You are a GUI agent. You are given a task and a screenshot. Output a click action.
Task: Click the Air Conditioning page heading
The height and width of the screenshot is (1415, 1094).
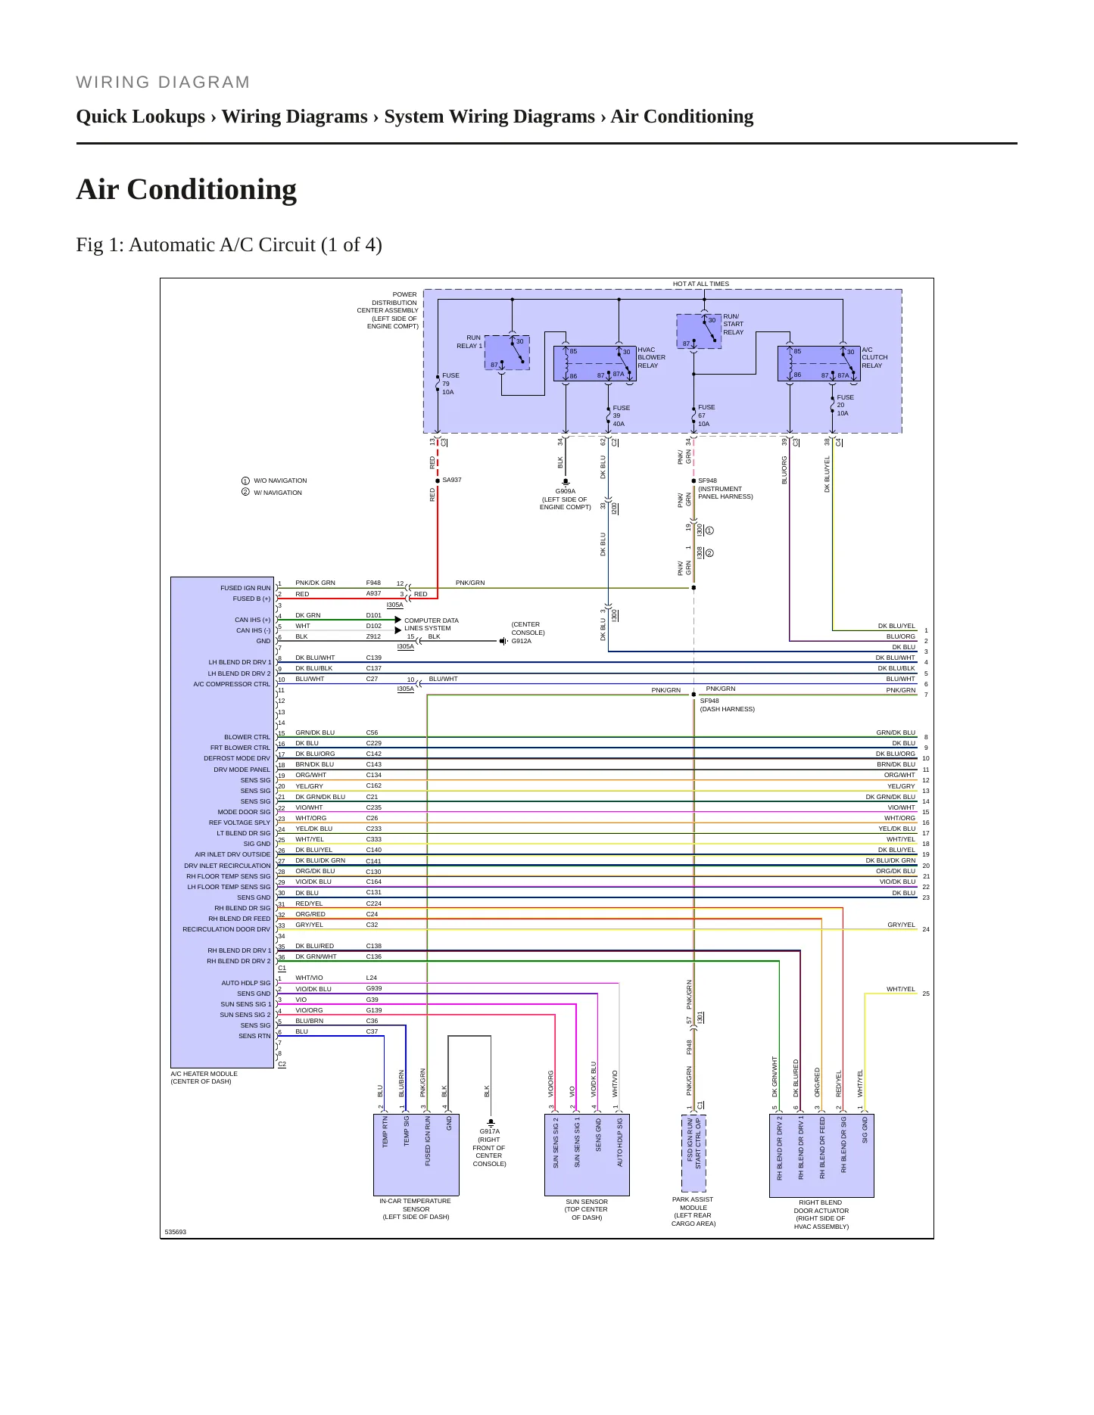(186, 189)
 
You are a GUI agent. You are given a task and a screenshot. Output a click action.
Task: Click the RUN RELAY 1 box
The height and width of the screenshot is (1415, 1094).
(506, 353)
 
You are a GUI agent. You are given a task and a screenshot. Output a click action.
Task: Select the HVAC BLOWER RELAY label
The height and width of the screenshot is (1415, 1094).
(651, 357)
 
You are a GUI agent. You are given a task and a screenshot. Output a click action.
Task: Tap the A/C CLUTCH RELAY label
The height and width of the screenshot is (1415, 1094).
(874, 357)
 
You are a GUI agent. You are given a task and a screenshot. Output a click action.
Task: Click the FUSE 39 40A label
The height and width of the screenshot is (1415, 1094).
(621, 415)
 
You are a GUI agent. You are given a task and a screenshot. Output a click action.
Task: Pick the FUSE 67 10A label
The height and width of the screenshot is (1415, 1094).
(706, 415)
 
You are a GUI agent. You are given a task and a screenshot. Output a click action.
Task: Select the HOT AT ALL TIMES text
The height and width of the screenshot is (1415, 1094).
(701, 284)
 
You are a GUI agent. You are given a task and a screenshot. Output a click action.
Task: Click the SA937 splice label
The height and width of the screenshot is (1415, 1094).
(452, 480)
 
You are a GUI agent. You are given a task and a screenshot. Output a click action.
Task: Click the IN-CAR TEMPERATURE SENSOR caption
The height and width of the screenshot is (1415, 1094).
(416, 1208)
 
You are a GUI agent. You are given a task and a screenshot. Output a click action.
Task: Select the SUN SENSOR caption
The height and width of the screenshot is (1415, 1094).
(587, 1209)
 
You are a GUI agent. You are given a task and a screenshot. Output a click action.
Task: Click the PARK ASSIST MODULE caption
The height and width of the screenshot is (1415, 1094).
(693, 1211)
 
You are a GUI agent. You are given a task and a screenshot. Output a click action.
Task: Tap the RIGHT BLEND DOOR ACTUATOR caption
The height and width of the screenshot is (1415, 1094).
(821, 1214)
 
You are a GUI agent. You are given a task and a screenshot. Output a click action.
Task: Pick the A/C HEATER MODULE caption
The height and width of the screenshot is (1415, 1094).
(204, 1078)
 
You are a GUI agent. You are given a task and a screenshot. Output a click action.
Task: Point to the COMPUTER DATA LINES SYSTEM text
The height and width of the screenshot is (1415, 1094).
(431, 624)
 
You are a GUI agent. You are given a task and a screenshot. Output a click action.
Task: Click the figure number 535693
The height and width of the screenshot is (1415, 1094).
(176, 1232)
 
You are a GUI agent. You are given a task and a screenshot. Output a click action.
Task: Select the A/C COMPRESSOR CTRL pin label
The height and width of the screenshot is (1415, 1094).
(232, 684)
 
